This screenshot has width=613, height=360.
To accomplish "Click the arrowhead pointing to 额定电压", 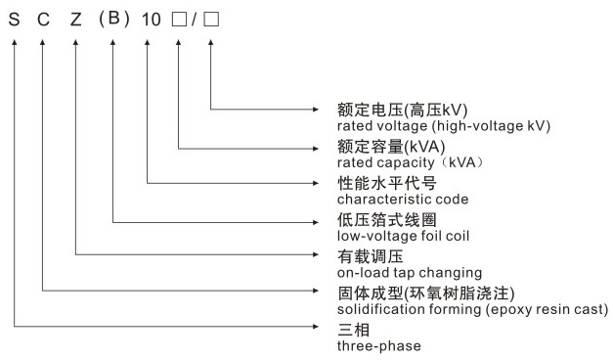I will pos(324,109).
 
